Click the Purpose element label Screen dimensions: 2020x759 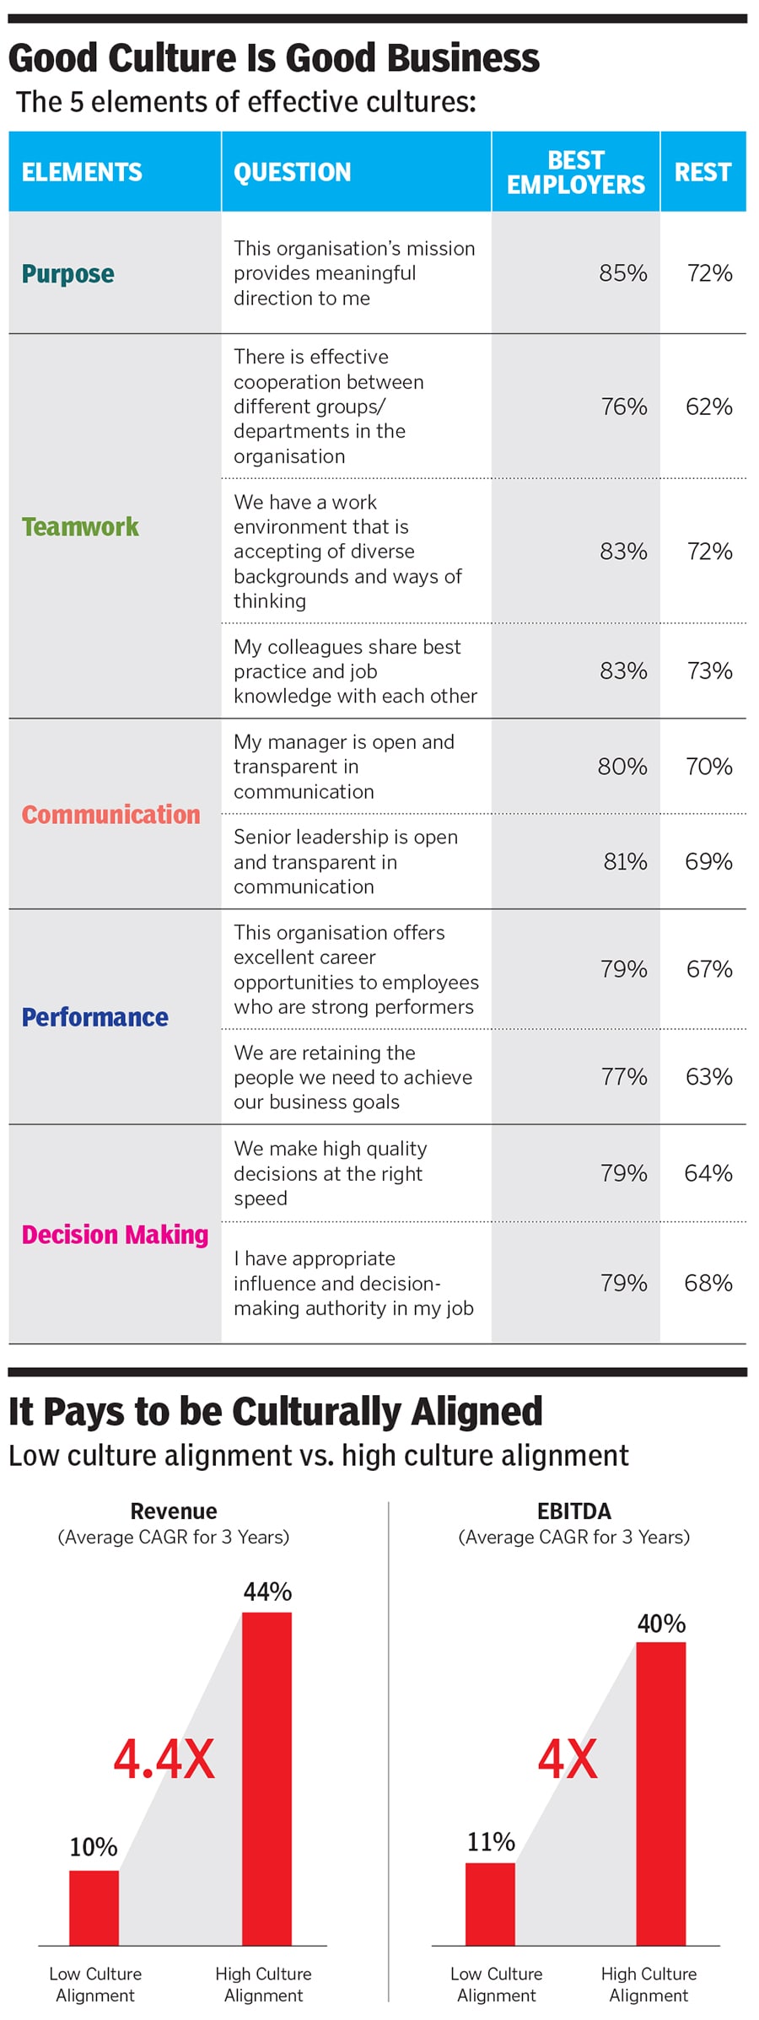[x=68, y=274]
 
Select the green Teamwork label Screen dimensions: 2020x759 [x=80, y=527]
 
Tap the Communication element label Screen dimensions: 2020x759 [x=110, y=815]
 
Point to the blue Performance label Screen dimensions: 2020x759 [x=94, y=1017]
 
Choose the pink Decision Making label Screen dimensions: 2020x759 [x=115, y=1235]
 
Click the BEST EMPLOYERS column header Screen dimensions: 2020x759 [x=575, y=172]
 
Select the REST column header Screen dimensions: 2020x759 [x=702, y=172]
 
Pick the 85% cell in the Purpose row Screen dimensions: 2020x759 [x=623, y=273]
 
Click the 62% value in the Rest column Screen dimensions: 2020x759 [x=708, y=407]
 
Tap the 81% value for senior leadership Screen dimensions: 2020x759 [x=625, y=861]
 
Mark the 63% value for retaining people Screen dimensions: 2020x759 [x=708, y=1077]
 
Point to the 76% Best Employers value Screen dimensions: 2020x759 [x=624, y=407]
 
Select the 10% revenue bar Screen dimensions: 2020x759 [x=94, y=1908]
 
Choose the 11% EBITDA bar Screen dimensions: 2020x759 [x=490, y=1904]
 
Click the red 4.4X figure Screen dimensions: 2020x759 [x=164, y=1759]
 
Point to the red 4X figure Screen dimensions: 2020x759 [x=568, y=1759]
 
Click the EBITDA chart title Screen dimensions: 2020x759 [x=573, y=1511]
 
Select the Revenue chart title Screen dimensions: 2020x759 [x=174, y=1511]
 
